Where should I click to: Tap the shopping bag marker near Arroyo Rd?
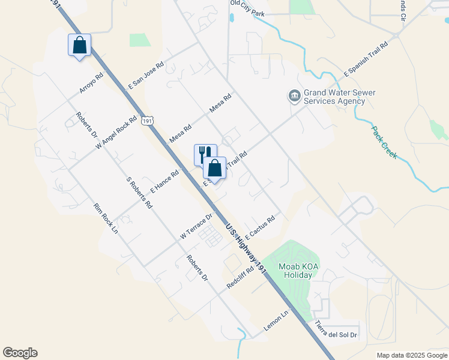point(79,46)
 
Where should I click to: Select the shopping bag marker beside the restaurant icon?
point(214,169)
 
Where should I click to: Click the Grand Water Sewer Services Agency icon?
point(295,96)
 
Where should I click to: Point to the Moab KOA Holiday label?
point(286,271)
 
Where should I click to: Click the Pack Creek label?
point(384,142)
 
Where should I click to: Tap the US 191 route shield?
point(148,121)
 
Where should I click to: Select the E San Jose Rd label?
point(145,76)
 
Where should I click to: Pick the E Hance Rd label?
point(165,182)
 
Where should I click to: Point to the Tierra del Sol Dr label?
point(336,330)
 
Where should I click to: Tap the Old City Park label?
point(247,11)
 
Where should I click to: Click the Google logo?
point(20,353)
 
